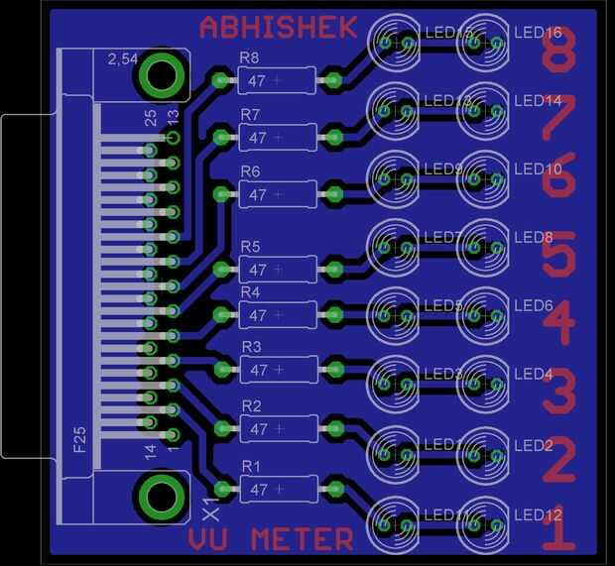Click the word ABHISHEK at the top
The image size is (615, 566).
coord(278,27)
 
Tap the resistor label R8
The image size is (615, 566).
coord(250,58)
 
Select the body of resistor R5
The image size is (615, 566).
coord(277,269)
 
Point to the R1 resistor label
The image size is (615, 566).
coord(251,466)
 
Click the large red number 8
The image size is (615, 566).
coord(558,52)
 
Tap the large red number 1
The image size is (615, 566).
coord(558,530)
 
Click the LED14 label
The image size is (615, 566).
coord(539,101)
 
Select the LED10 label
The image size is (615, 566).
coord(539,170)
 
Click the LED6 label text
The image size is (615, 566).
coord(535,306)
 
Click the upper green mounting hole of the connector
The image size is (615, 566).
coord(161,75)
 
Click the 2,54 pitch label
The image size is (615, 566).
coord(122,60)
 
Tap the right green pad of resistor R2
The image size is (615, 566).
coord(335,429)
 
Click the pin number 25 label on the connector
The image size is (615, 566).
coord(151,117)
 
